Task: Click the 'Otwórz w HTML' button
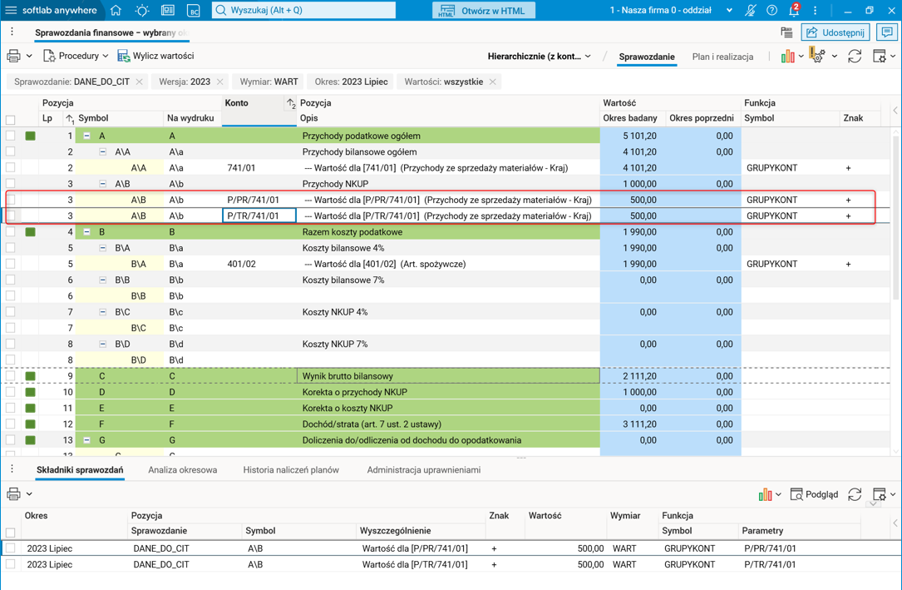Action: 485,10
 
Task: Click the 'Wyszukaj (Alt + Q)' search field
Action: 303,10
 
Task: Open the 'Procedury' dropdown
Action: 76,56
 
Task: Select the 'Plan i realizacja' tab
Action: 722,57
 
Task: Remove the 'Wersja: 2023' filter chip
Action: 220,82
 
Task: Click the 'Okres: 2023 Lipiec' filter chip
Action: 351,82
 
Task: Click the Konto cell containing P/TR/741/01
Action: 259,216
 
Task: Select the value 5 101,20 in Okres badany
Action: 639,136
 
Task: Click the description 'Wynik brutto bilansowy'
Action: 347,376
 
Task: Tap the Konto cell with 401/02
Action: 241,264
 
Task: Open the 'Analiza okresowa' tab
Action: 182,470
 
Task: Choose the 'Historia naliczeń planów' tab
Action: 291,470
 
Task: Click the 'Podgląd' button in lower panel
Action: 814,494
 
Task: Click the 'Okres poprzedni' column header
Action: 701,118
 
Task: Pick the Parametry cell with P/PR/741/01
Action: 770,548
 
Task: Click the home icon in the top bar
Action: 116,10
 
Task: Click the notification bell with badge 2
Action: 793,11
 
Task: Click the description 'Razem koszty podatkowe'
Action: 352,232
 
